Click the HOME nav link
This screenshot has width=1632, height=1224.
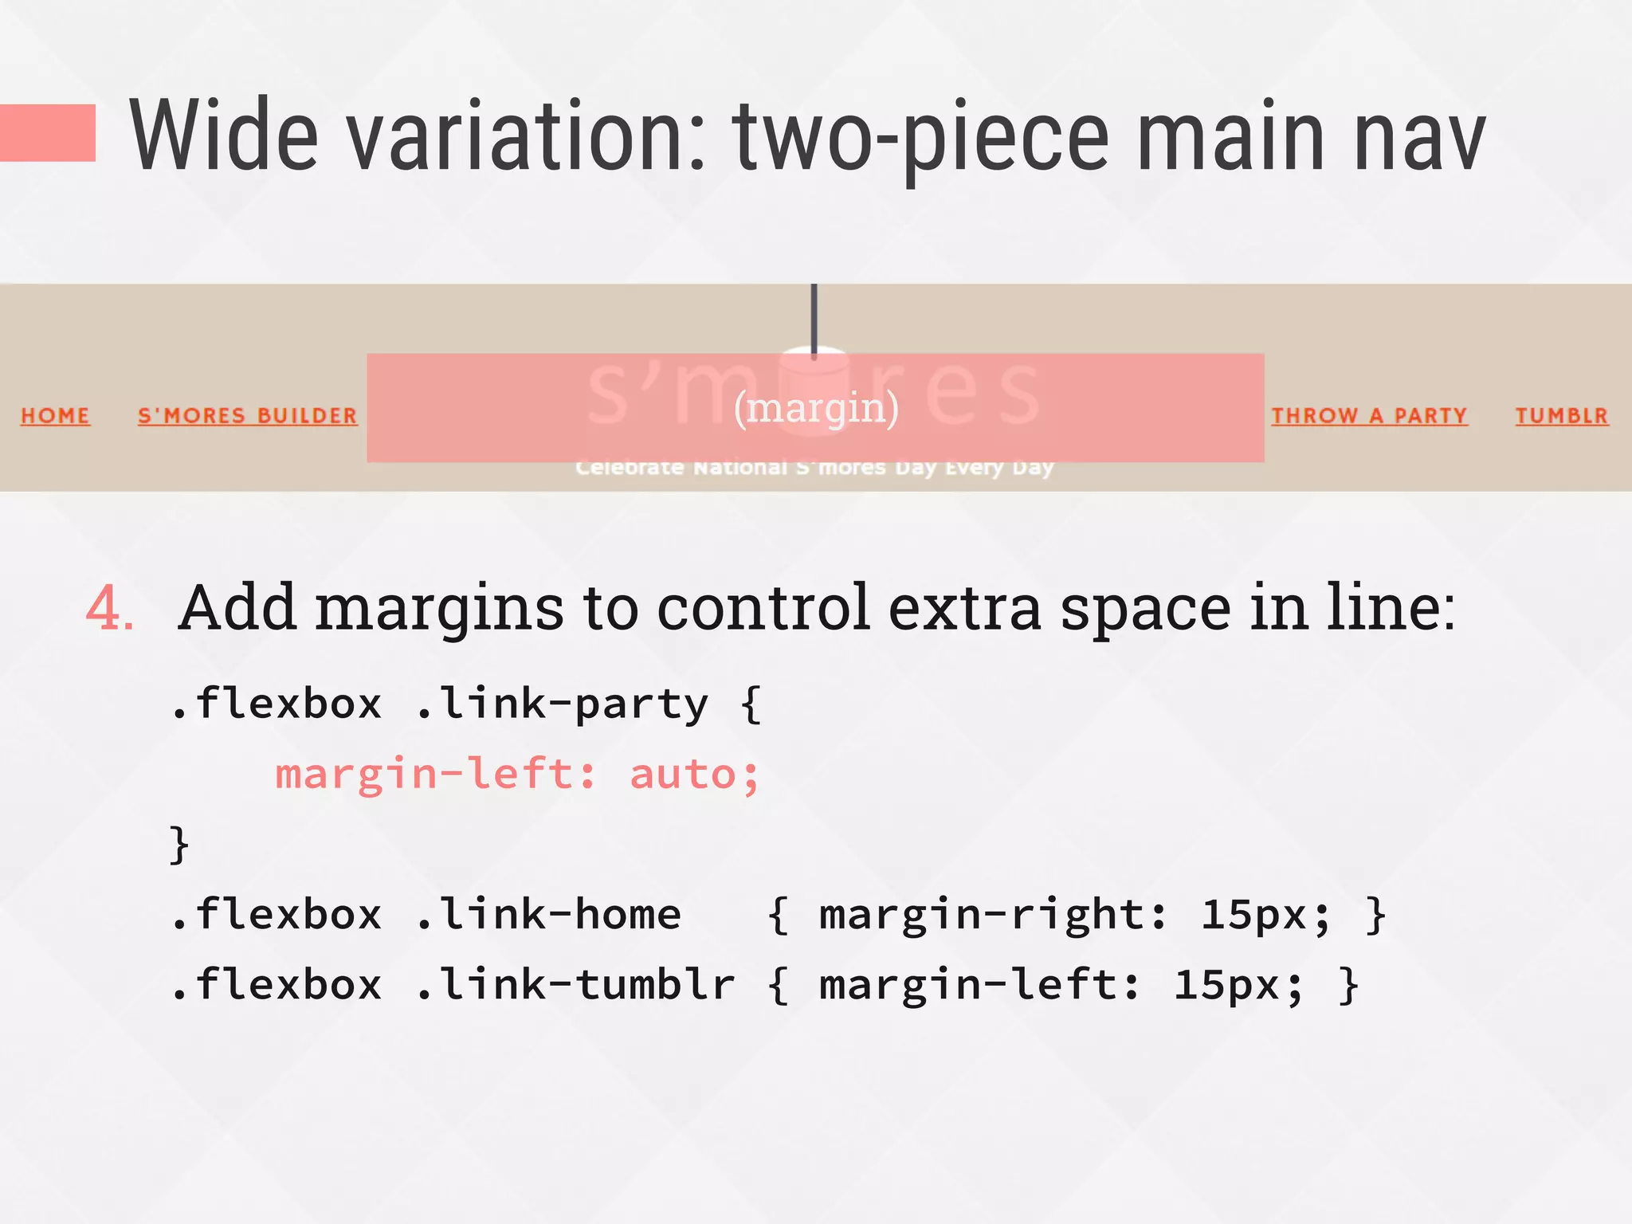[55, 415]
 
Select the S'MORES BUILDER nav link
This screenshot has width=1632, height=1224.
[247, 415]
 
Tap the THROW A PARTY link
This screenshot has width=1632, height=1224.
[1369, 415]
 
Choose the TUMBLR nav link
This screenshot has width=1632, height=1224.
[1562, 415]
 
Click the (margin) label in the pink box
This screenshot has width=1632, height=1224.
[816, 408]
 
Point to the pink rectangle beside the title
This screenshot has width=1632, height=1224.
[48, 132]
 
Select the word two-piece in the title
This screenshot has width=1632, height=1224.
[921, 137]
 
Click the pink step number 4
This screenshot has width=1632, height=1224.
[109, 609]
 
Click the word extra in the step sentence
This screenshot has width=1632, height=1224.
[964, 609]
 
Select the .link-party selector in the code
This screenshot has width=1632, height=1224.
[562, 704]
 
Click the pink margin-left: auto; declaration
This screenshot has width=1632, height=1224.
[517, 774]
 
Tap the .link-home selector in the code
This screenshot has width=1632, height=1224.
[548, 914]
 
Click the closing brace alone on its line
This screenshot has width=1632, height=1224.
[179, 844]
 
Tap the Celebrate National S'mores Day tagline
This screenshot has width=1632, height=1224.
[814, 467]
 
